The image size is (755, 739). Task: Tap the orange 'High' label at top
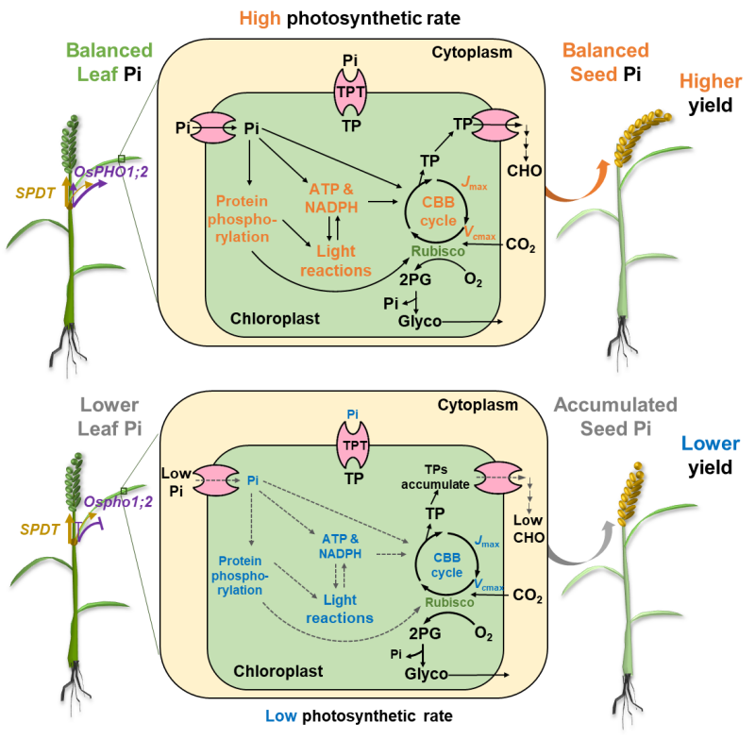pyautogui.click(x=260, y=19)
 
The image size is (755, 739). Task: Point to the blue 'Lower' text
pyautogui.click(x=711, y=444)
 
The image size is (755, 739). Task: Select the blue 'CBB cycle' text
pyautogui.click(x=447, y=565)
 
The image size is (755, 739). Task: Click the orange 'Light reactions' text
pyautogui.click(x=336, y=262)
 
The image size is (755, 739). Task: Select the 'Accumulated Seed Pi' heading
pyautogui.click(x=614, y=416)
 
